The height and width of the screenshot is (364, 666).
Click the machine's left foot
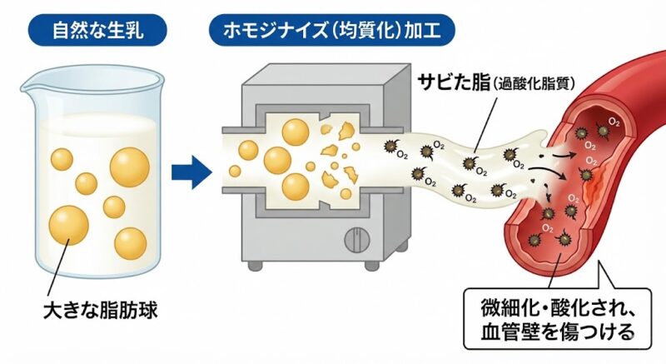(x=256, y=266)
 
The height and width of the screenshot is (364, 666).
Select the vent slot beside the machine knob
(x=378, y=241)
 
